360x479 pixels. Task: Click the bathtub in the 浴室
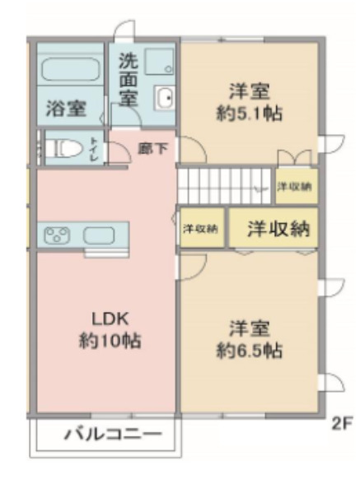pyautogui.click(x=71, y=69)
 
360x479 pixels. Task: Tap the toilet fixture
pyautogui.click(x=64, y=148)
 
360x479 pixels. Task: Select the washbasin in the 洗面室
pyautogui.click(x=165, y=97)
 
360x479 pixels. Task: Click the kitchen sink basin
pyautogui.click(x=99, y=235)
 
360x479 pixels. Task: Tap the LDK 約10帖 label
pyautogui.click(x=110, y=329)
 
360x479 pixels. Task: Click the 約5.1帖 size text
pyautogui.click(x=250, y=114)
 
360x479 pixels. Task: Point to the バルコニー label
pyautogui.click(x=113, y=434)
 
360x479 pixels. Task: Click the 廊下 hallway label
pyautogui.click(x=152, y=149)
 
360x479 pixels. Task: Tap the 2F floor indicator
pyautogui.click(x=342, y=423)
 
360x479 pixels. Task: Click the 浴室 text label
pyautogui.click(x=66, y=109)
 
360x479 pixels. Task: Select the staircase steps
pyautogui.click(x=224, y=186)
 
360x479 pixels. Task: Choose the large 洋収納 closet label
pyautogui.click(x=278, y=228)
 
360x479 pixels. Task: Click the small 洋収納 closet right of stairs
pyautogui.click(x=295, y=186)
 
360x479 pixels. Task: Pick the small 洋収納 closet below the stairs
pyautogui.click(x=200, y=228)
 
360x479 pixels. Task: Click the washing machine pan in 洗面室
pyautogui.click(x=159, y=62)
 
